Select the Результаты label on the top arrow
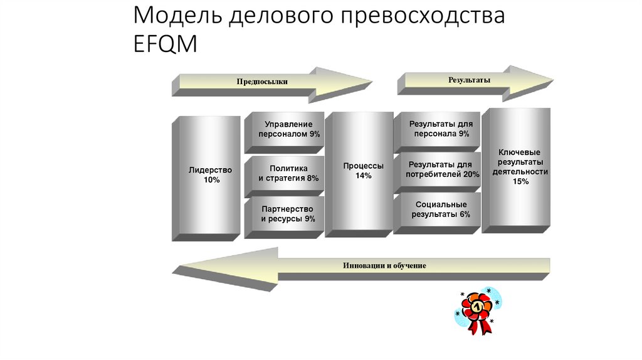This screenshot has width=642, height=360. tap(468, 80)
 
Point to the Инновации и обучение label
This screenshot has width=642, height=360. tap(384, 265)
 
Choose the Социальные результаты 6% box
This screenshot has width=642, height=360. tap(441, 209)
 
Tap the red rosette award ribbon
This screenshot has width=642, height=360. tap(479, 311)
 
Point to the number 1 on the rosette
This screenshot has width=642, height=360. tap(478, 307)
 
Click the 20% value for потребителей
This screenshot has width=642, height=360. tap(471, 174)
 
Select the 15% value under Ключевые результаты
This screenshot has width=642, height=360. tap(520, 181)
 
